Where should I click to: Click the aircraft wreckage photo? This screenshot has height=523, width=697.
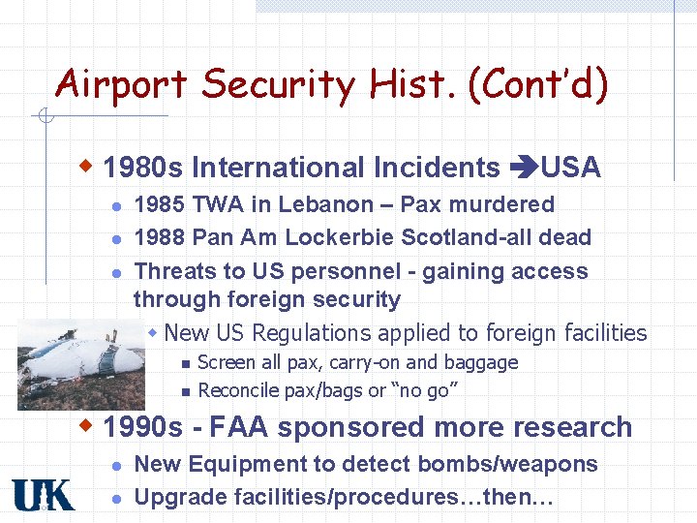[82, 362]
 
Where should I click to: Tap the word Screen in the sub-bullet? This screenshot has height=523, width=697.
[226, 362]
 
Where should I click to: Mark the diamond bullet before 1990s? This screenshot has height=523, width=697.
[88, 425]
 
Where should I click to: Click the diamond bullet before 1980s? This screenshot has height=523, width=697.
[88, 167]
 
